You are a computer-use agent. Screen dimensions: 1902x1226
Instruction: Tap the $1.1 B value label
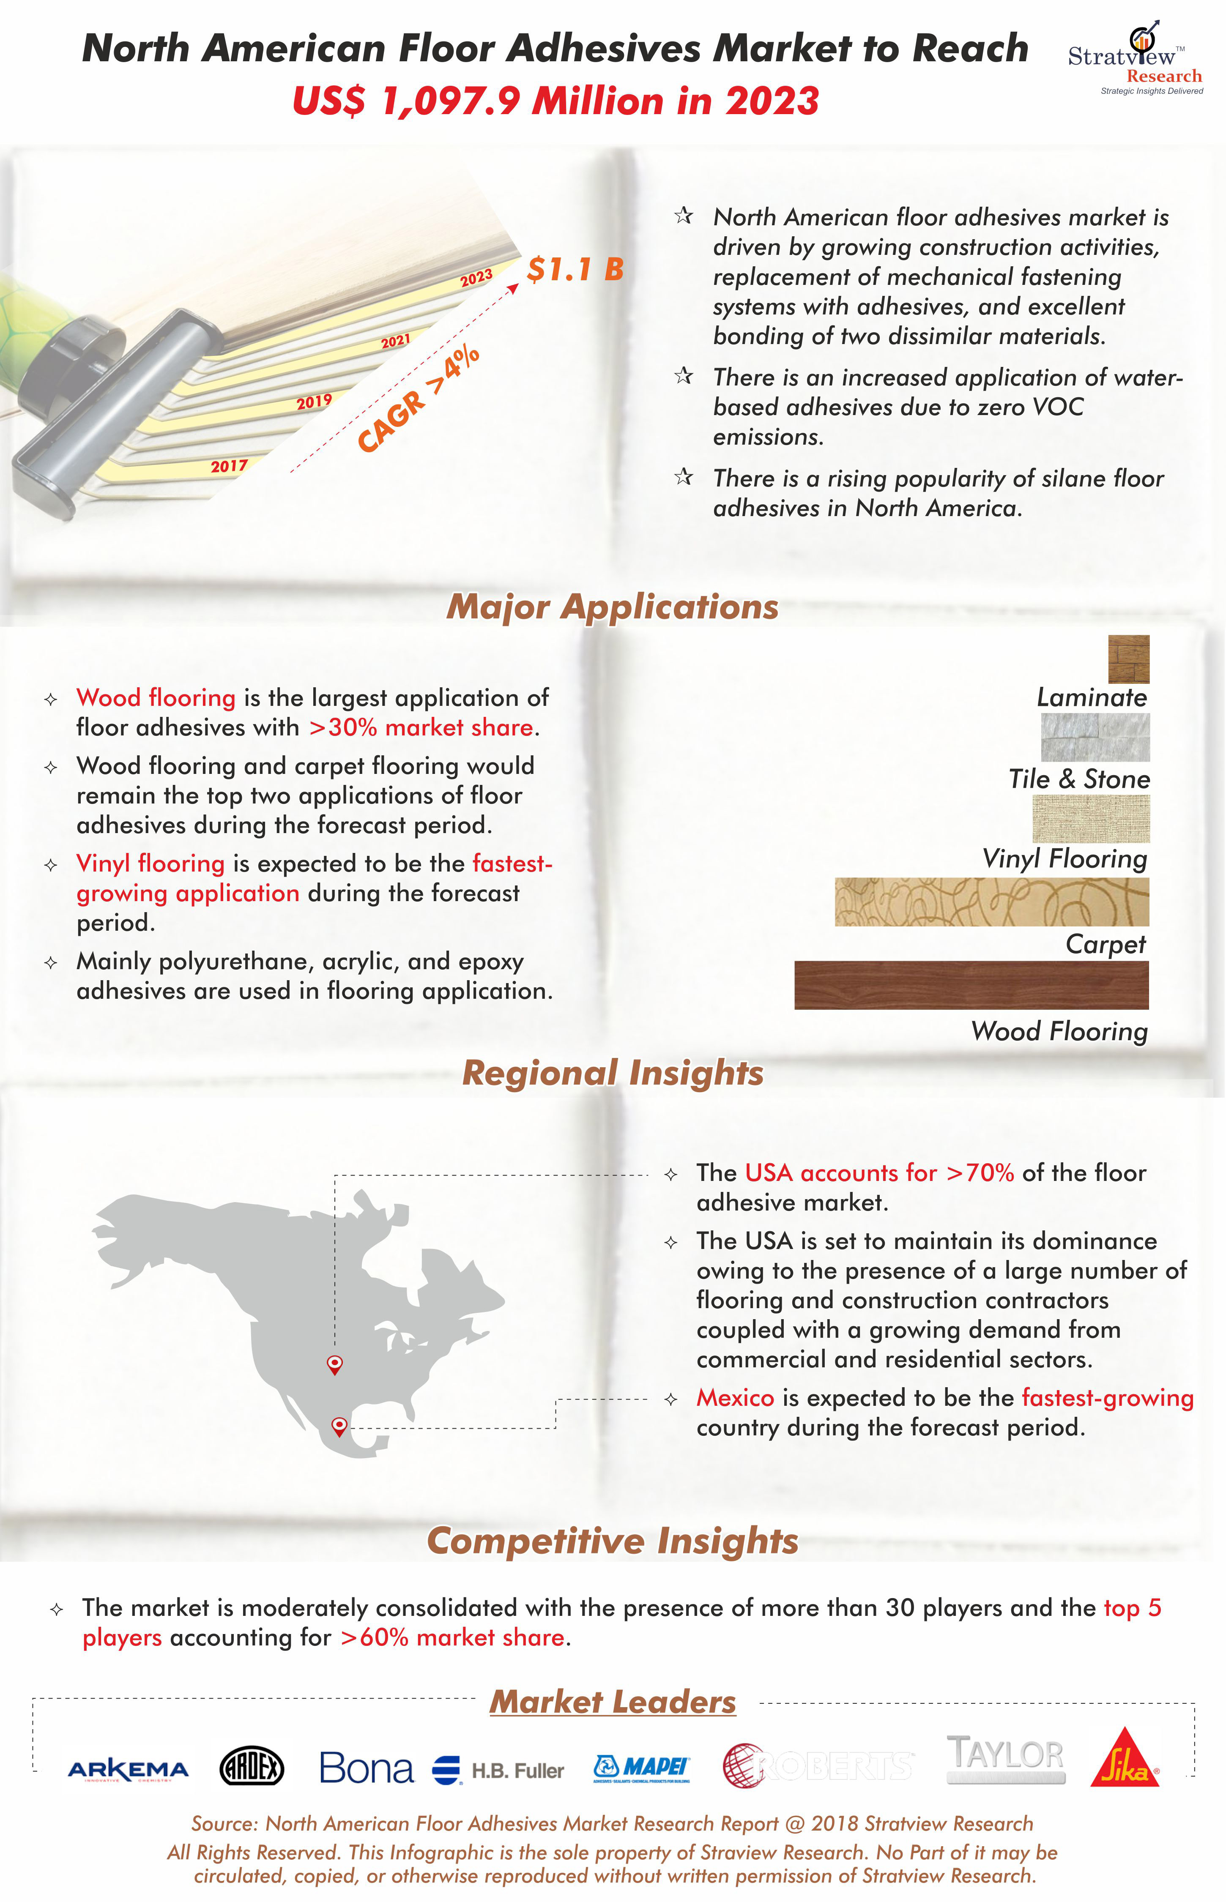point(575,269)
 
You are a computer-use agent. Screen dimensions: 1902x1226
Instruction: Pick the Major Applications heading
point(612,607)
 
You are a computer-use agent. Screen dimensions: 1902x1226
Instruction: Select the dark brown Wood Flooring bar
point(971,985)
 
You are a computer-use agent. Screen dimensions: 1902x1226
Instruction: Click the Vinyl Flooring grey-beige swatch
point(1091,818)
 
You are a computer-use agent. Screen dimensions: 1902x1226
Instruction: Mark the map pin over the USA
point(335,1364)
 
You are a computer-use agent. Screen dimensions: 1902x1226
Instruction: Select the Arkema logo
point(128,1769)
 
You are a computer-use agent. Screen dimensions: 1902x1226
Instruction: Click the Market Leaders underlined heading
point(612,1702)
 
